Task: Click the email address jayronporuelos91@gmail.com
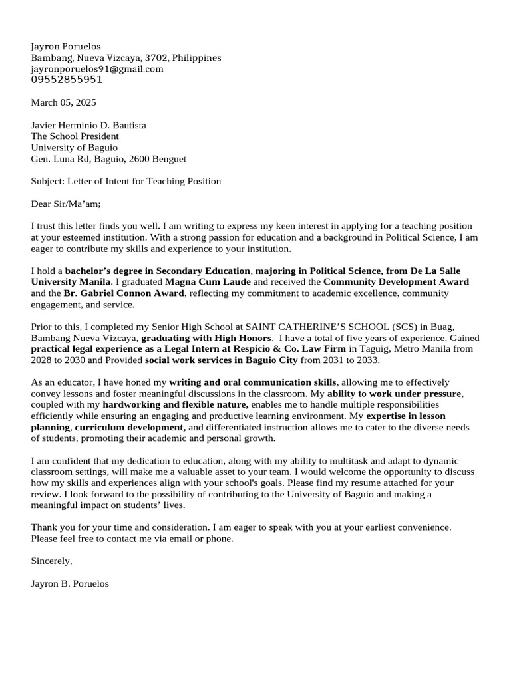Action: (x=97, y=69)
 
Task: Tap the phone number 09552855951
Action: (x=67, y=80)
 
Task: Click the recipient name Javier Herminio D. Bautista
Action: (x=88, y=125)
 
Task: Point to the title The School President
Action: (x=75, y=136)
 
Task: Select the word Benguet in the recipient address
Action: (x=170, y=159)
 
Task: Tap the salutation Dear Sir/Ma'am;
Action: (x=65, y=204)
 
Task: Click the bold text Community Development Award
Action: (x=396, y=282)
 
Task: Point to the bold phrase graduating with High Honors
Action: (x=206, y=339)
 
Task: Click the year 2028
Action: (x=42, y=360)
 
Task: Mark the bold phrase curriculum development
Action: (x=130, y=428)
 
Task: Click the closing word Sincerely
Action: (x=51, y=561)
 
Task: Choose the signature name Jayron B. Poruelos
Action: (x=69, y=584)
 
